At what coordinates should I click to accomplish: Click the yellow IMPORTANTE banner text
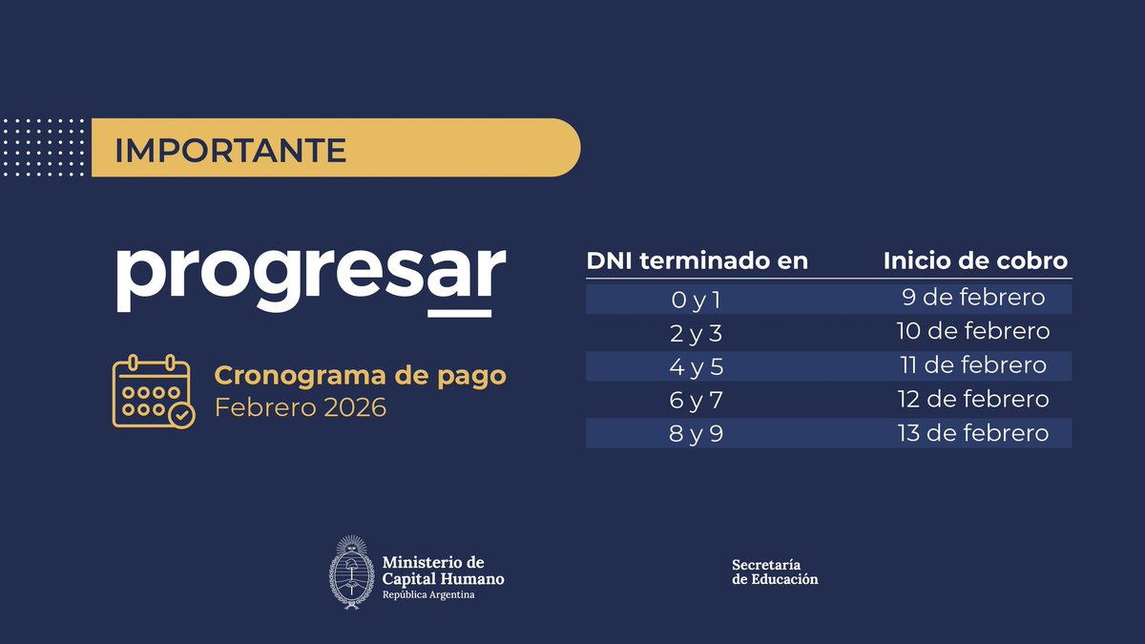point(230,150)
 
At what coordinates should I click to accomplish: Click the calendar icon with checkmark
point(153,391)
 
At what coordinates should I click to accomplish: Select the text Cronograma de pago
point(360,376)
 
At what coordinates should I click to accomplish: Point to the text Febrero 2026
point(301,408)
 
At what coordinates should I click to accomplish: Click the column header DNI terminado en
point(697,260)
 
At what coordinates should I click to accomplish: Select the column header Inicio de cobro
point(975,260)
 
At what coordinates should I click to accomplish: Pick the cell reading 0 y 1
point(697,300)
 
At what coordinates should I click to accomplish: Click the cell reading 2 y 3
point(697,333)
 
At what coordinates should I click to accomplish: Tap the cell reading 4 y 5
point(697,366)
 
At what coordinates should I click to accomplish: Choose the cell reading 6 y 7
point(697,400)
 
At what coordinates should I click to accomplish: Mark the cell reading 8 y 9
point(697,433)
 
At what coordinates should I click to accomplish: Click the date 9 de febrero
point(973,299)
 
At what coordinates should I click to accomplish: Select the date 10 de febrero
point(973,332)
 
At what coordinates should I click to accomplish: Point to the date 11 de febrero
point(973,365)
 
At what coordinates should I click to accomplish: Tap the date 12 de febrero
point(973,399)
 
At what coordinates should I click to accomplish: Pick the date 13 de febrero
point(973,433)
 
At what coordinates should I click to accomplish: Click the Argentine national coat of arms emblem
point(350,572)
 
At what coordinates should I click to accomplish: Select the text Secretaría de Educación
point(775,571)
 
